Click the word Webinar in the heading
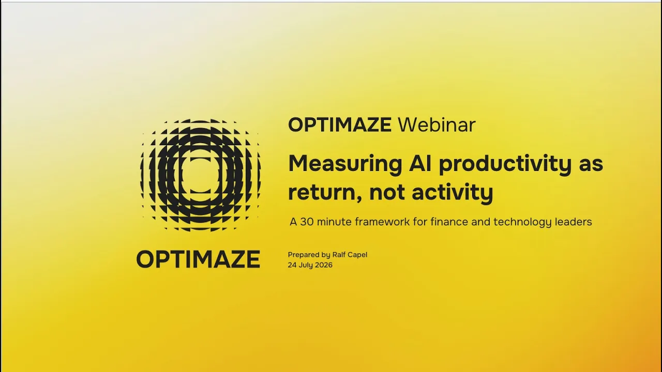coord(437,125)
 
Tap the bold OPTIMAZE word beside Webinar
coord(340,125)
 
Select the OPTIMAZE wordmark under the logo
coord(198,259)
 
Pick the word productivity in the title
coord(505,164)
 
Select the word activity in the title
coord(453,193)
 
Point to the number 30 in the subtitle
coord(307,222)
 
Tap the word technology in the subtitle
coord(522,222)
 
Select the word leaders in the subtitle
coord(574,222)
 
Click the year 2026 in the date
coord(324,265)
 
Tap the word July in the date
coord(306,266)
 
